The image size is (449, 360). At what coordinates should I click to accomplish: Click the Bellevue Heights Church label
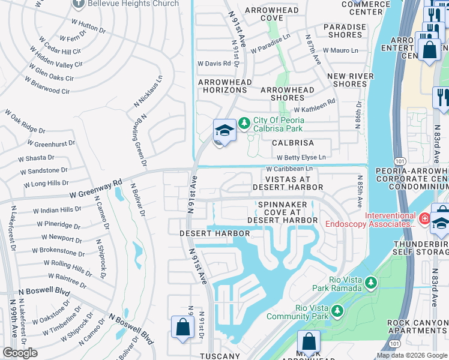(x=133, y=4)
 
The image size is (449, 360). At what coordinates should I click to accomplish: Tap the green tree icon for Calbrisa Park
(x=244, y=123)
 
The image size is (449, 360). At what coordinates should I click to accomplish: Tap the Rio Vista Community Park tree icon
(x=337, y=311)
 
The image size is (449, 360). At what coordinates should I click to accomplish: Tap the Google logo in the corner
(x=20, y=353)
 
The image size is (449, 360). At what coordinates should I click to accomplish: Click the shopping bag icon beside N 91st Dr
(x=182, y=328)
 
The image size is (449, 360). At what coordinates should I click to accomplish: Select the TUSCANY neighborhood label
(x=220, y=356)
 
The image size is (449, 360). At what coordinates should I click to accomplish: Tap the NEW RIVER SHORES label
(x=351, y=80)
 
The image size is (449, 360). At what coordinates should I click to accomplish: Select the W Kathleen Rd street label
(x=315, y=107)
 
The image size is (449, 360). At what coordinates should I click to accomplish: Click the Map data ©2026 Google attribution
(x=412, y=355)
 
